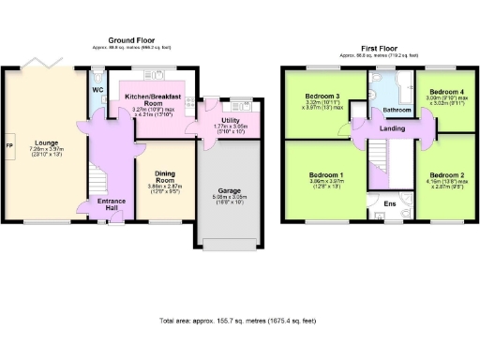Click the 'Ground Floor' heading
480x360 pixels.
tap(131, 40)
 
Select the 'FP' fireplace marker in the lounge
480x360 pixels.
tap(9, 147)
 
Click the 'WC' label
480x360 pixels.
tap(97, 90)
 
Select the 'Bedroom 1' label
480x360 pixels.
tap(322, 174)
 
